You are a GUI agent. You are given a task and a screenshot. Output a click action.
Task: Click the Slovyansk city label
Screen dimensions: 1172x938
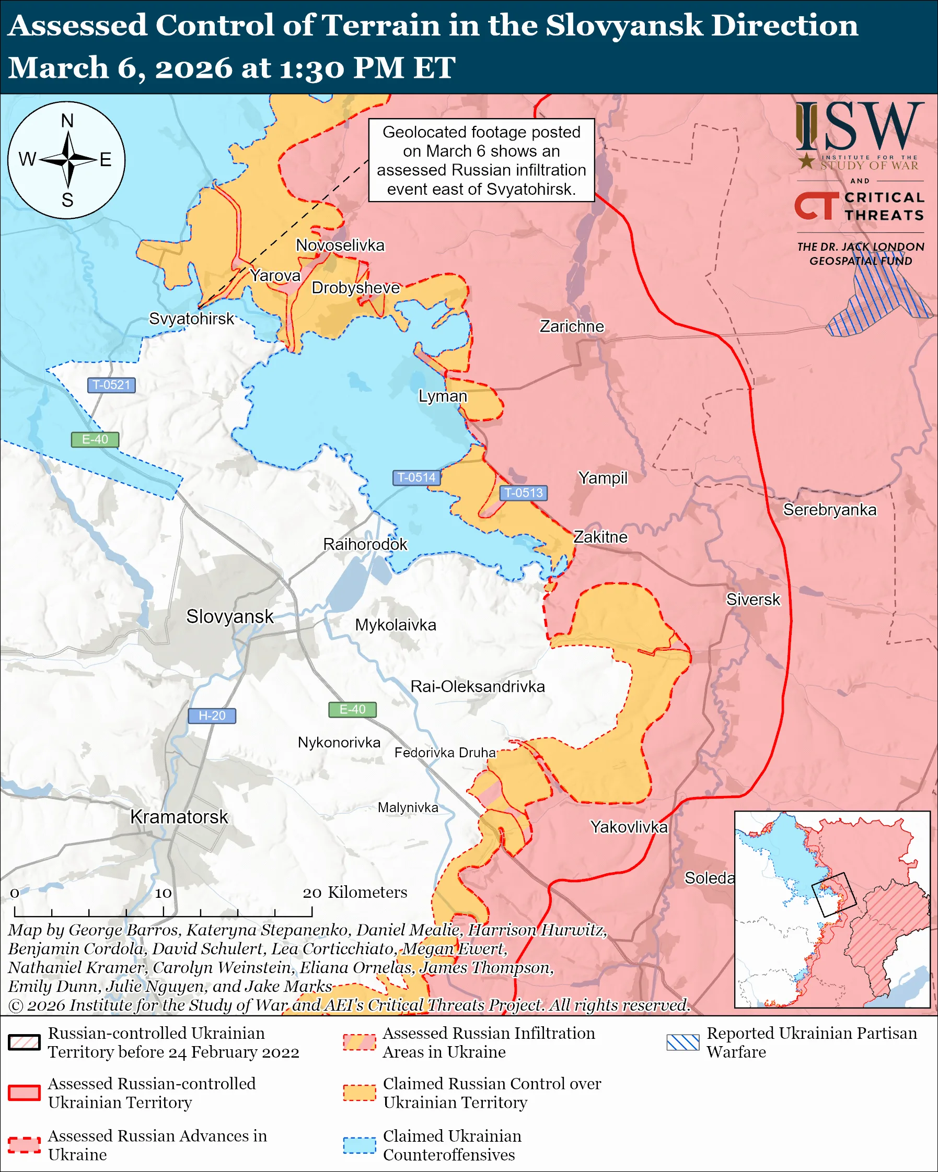click(229, 616)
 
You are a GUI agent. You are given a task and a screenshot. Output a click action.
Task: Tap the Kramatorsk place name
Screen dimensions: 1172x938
click(179, 817)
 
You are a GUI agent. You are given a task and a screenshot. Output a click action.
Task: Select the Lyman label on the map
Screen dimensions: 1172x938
click(443, 396)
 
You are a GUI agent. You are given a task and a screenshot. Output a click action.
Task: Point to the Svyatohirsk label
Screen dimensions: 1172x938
click(191, 319)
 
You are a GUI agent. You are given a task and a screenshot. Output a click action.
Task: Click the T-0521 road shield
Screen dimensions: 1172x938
click(111, 385)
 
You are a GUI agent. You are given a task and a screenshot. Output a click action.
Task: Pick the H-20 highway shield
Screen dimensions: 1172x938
click(212, 716)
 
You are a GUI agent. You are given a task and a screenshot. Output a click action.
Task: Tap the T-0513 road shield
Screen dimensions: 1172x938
click(523, 493)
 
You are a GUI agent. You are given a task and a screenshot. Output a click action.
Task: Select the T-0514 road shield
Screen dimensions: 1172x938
click(416, 477)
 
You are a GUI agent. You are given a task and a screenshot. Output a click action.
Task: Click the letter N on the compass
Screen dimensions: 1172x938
click(67, 121)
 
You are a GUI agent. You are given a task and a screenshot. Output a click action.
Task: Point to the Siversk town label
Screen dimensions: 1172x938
click(752, 600)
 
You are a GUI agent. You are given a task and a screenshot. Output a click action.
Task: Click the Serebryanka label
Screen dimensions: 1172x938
click(829, 510)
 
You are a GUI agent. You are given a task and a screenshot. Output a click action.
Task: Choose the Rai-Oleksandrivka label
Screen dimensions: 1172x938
click(478, 687)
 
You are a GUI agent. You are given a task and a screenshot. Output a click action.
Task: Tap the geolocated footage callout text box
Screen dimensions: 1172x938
click(481, 160)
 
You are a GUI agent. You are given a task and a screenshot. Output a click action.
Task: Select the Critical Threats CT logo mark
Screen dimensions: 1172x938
click(816, 206)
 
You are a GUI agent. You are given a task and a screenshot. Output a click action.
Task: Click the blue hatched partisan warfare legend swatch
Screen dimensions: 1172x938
click(682, 1042)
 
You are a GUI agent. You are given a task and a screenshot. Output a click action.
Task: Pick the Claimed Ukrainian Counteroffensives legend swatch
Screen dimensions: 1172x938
click(360, 1145)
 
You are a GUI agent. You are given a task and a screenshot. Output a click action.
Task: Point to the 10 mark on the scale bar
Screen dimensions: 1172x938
click(163, 893)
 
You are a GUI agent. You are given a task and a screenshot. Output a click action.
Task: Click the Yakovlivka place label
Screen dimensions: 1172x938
click(629, 827)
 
